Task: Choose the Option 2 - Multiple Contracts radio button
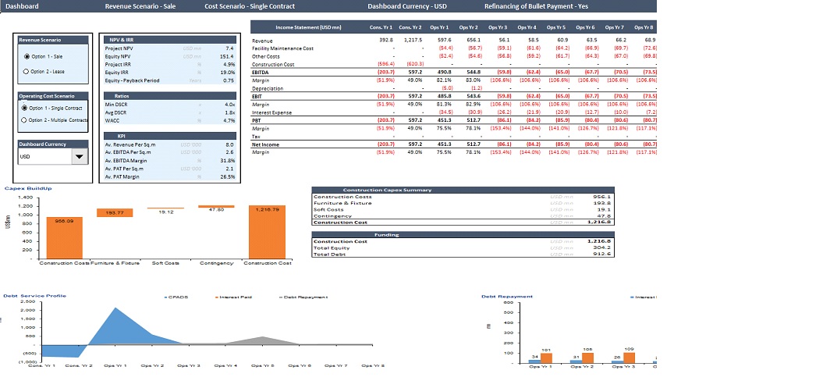[x=25, y=120]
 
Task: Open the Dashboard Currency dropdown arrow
[x=80, y=157]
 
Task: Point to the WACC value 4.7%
[x=229, y=120]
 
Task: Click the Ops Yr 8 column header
[x=644, y=27]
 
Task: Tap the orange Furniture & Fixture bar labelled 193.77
[x=114, y=212]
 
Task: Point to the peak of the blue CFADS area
[x=116, y=308]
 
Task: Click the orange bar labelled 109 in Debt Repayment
[x=628, y=356]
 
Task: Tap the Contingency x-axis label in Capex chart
[x=216, y=263]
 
